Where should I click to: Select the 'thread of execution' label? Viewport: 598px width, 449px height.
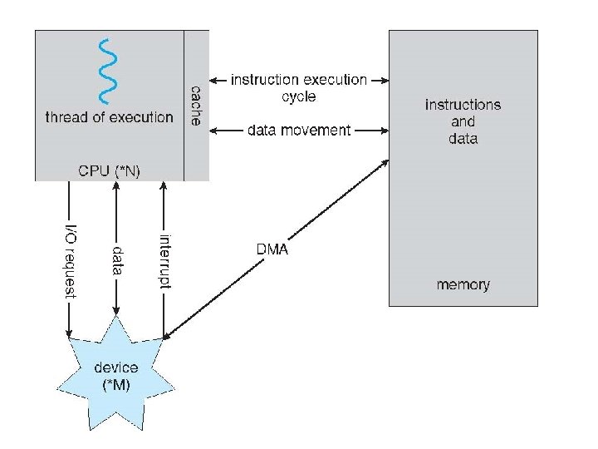tap(109, 117)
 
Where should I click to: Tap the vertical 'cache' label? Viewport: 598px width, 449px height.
tap(196, 105)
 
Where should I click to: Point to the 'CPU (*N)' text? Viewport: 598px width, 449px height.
tap(108, 170)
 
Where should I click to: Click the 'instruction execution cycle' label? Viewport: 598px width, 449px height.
tap(298, 87)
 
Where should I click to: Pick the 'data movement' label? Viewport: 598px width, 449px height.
tap(298, 131)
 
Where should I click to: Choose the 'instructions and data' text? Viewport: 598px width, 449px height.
tap(463, 121)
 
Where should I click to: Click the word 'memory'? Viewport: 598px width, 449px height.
tap(463, 285)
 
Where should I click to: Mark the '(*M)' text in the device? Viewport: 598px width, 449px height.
tap(117, 384)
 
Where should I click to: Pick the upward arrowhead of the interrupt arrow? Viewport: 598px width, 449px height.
tap(164, 186)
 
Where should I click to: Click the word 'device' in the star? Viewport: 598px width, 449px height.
tap(117, 368)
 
